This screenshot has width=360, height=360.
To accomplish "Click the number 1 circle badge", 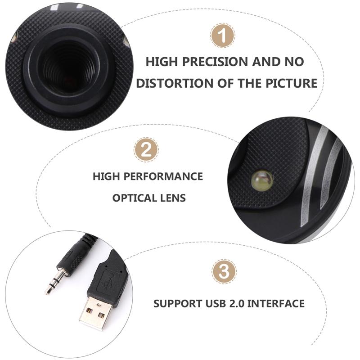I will pyautogui.click(x=222, y=36).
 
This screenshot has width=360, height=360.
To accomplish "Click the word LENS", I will pyautogui.click(x=173, y=198).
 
